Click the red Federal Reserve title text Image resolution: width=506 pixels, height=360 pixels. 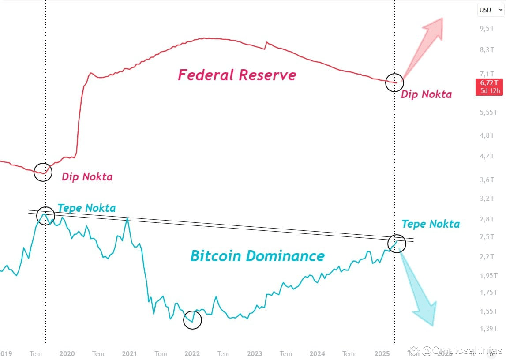(237, 75)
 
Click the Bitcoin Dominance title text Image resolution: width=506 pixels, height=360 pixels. (257, 256)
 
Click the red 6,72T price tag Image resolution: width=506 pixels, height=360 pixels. (489, 87)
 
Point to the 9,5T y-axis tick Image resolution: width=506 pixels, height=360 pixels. (487, 29)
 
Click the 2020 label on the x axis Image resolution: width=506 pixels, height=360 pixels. (67, 353)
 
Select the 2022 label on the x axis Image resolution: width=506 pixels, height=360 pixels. (192, 353)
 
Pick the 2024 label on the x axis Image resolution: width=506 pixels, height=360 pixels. (317, 353)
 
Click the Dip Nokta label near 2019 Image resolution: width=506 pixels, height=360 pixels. (87, 177)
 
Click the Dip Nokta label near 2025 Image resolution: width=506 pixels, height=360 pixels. (426, 94)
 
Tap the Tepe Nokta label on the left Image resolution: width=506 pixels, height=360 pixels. (86, 208)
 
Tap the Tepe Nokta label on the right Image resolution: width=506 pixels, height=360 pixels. (431, 224)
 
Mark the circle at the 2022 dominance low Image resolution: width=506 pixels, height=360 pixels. (192, 320)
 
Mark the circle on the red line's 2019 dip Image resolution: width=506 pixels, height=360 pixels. (43, 172)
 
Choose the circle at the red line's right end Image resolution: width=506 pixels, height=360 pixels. (394, 82)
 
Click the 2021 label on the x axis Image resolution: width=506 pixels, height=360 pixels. (129, 353)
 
